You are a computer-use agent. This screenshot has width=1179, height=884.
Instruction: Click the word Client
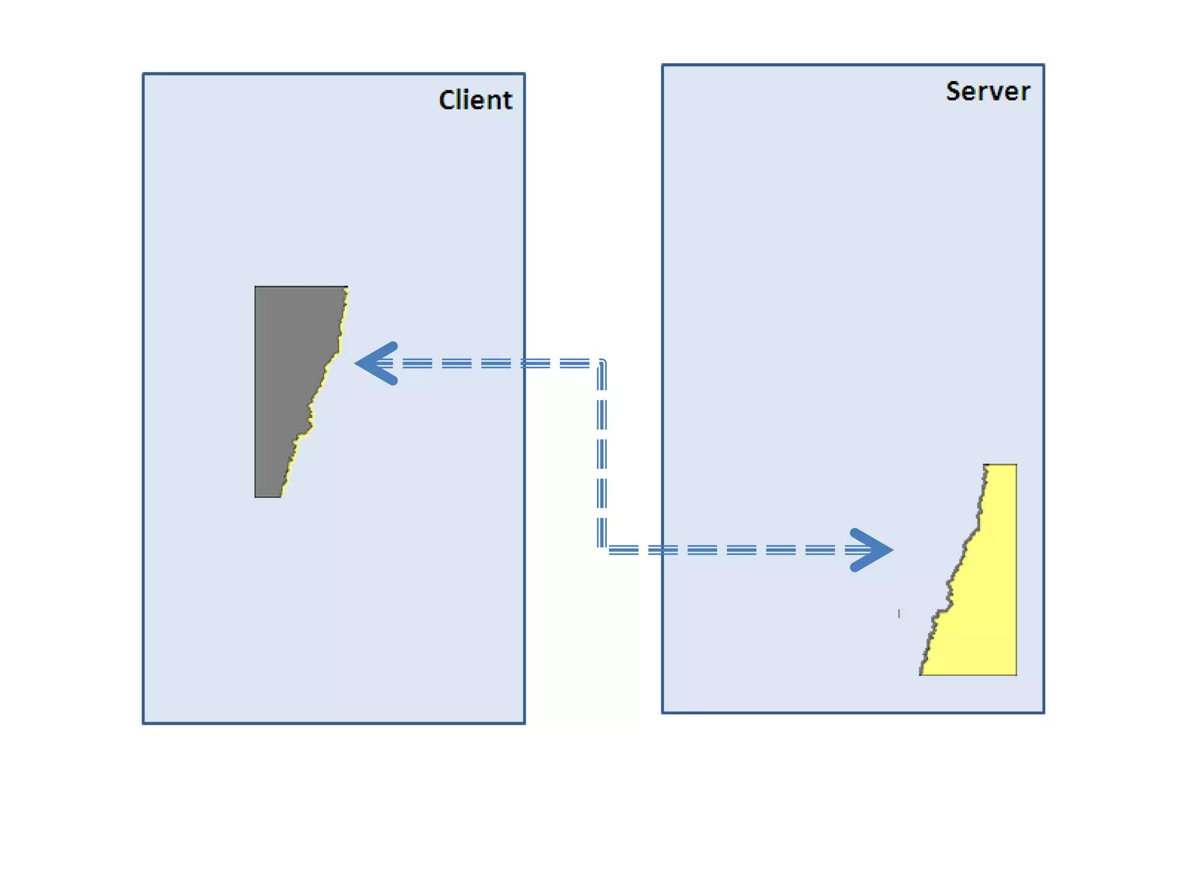475,100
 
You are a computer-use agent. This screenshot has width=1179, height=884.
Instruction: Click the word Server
988,92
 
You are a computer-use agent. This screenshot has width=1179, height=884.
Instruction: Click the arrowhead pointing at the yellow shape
872,550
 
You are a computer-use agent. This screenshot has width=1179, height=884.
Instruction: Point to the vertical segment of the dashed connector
602,455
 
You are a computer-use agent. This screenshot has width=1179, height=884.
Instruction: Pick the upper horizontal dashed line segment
489,363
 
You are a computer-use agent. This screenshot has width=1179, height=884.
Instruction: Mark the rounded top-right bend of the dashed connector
602,363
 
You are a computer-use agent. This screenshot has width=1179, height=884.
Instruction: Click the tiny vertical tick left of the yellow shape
899,614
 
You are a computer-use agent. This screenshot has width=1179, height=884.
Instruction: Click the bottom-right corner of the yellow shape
1016,674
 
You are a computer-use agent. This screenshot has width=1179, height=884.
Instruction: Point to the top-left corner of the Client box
144,74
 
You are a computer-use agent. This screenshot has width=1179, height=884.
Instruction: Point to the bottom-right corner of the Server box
1043,712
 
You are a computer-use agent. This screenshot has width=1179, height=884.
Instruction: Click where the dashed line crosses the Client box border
524,363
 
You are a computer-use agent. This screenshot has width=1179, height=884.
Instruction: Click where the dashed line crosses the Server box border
663,550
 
